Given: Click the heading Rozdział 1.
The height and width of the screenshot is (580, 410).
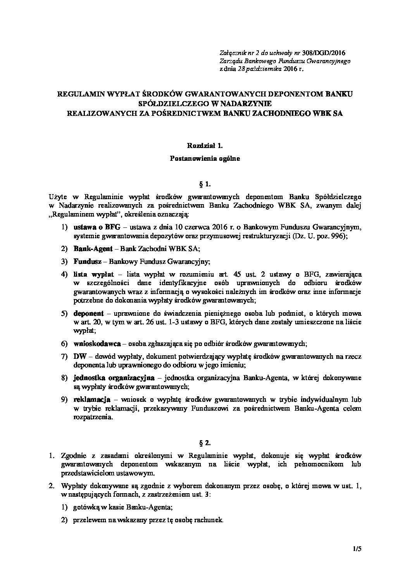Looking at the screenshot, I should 205,146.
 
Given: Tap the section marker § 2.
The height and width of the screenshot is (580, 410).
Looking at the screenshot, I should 205,441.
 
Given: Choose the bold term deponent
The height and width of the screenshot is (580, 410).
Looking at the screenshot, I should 88,313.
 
